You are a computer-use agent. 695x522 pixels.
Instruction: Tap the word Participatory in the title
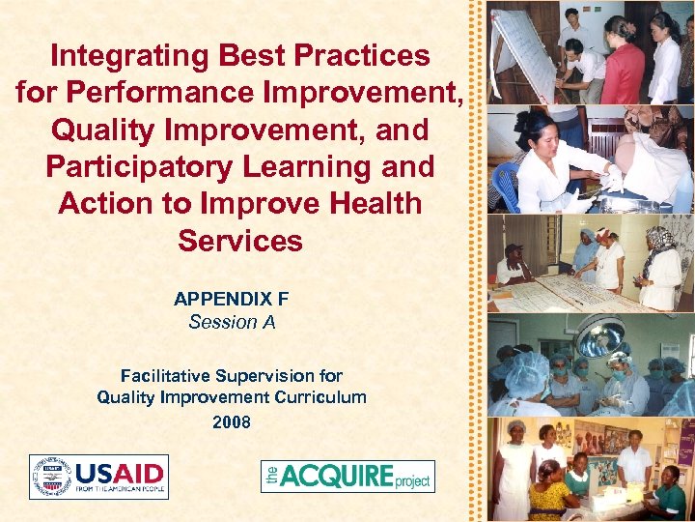pyautogui.click(x=129, y=166)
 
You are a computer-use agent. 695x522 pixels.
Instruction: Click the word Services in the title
pyautogui.click(x=239, y=241)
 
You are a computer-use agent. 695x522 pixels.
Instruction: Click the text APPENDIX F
pyautogui.click(x=231, y=299)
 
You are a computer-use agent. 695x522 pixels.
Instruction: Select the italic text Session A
pyautogui.click(x=232, y=322)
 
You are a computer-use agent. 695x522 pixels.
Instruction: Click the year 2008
pyautogui.click(x=232, y=421)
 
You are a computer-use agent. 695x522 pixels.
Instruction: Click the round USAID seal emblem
pyautogui.click(x=51, y=477)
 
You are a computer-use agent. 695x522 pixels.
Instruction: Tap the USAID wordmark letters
pyautogui.click(x=120, y=473)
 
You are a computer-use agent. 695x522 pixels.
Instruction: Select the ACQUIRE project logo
pyautogui.click(x=347, y=477)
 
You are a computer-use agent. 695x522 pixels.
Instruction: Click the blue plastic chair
pyautogui.click(x=506, y=183)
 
